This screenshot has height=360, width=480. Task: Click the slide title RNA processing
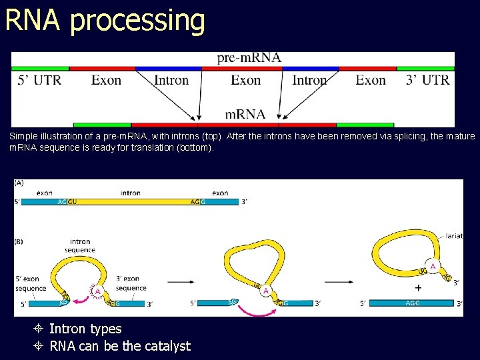pos(105,20)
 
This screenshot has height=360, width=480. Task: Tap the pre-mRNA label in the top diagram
pos(249,58)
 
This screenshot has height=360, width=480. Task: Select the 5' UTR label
pos(39,81)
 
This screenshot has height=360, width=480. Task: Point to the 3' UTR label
pos(427,81)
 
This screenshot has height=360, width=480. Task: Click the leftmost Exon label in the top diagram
pos(106,81)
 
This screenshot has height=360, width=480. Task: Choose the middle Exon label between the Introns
pos(245,81)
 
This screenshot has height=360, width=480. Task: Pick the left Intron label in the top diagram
pos(171,81)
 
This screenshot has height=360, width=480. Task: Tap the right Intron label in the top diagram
pos(309,81)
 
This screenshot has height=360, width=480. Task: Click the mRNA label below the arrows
pos(245,114)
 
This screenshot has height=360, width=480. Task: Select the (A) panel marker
pos(19,183)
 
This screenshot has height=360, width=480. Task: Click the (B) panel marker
pos(19,241)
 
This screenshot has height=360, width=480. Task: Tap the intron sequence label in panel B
pos(80,245)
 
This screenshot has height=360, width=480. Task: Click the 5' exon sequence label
pos(31,284)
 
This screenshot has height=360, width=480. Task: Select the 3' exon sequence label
pos(131,284)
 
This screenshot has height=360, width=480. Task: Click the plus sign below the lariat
pos(418,289)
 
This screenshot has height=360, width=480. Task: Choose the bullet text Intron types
pos(85,329)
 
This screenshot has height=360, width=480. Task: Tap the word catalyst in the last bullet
pos(167,346)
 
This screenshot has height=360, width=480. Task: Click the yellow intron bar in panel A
pos(133,202)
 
